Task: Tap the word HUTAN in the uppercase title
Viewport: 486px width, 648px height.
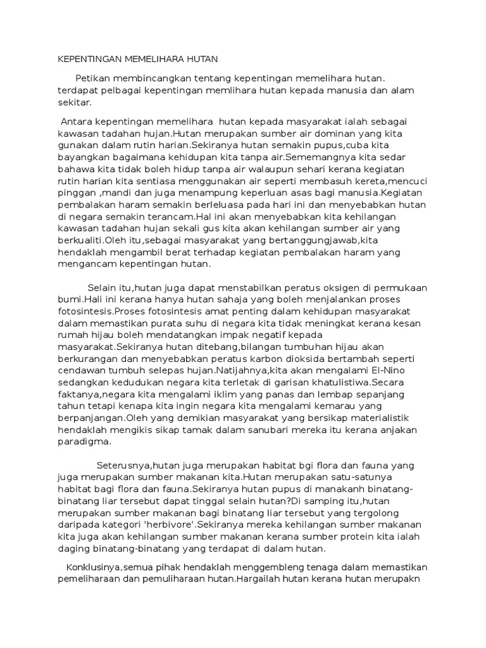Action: pos(201,59)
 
